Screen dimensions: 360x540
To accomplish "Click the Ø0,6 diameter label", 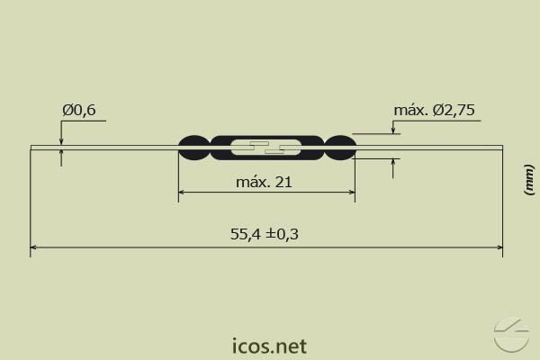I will [x=78, y=111].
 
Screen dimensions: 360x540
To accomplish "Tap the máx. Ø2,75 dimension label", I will [x=434, y=111].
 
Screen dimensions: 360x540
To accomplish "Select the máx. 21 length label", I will [x=264, y=182].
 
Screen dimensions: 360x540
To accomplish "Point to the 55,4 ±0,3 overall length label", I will [x=264, y=234].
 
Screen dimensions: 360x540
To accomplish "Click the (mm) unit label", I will [x=528, y=178].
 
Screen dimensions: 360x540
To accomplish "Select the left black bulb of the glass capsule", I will [x=193, y=148].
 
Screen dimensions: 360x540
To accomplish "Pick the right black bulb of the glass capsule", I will [x=340, y=148].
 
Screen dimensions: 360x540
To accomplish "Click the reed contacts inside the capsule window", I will [x=266, y=148].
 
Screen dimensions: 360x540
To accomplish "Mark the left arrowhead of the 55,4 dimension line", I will [x=34, y=247].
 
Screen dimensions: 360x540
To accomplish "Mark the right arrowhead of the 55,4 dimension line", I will [x=499, y=247].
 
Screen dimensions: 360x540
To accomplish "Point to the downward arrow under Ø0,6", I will [x=61, y=141].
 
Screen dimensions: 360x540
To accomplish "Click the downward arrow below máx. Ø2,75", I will [x=393, y=130].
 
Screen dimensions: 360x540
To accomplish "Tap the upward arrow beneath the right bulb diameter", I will [x=393, y=163].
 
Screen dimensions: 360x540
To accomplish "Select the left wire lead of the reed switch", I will [x=103, y=148].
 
